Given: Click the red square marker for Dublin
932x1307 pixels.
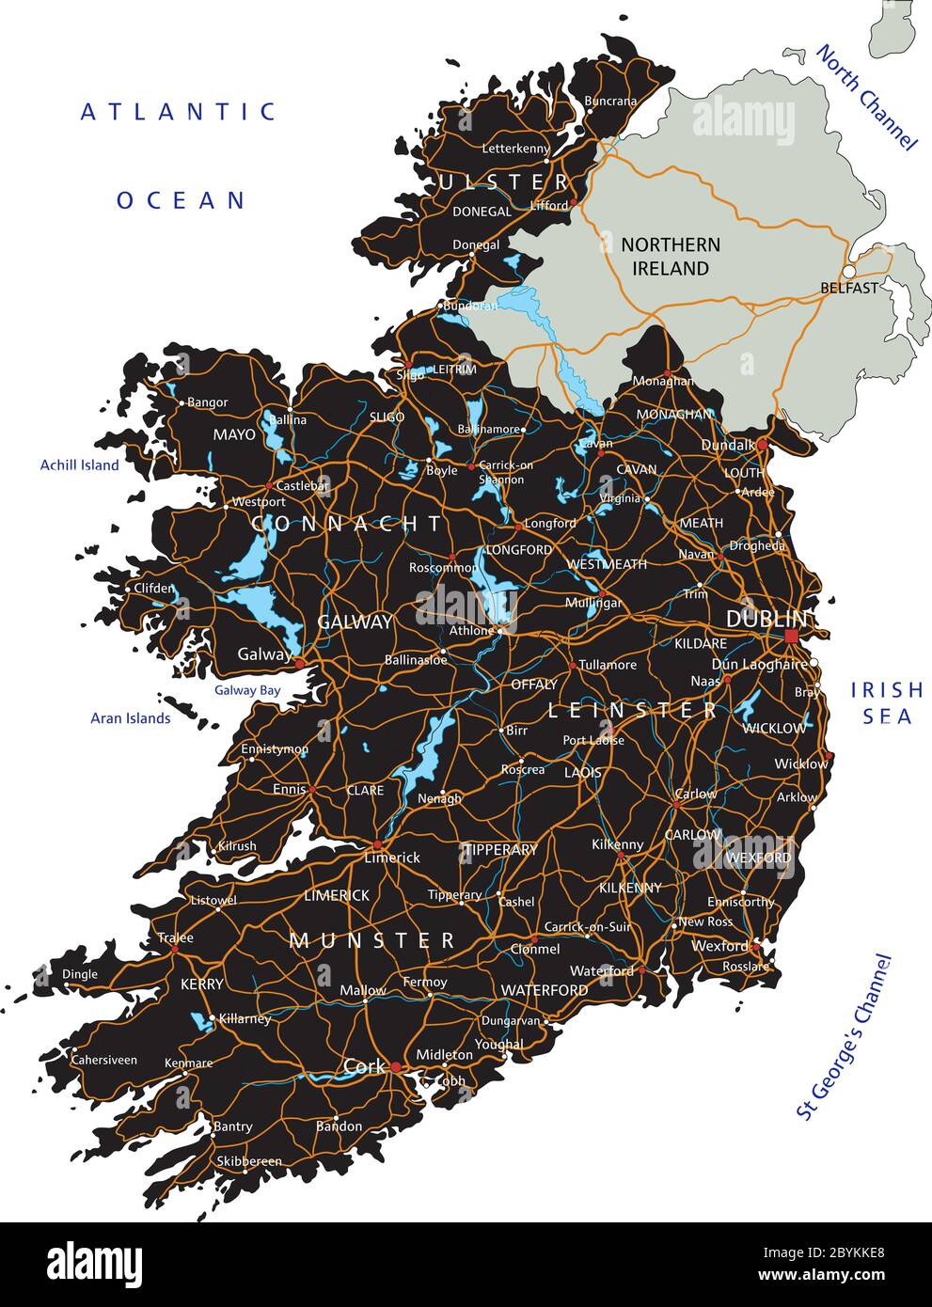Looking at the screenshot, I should (x=791, y=637).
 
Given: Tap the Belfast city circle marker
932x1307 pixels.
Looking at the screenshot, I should (x=849, y=272).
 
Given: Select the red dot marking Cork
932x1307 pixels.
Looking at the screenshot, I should (x=397, y=1067).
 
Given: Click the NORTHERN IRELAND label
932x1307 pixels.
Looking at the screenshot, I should (x=671, y=257).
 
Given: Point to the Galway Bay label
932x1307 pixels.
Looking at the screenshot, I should (x=247, y=690).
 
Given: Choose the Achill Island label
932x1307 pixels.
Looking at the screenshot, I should (x=80, y=465).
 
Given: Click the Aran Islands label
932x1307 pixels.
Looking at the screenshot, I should (x=131, y=718).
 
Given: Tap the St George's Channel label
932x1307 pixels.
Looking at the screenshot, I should (x=843, y=1037).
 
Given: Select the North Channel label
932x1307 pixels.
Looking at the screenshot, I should (x=865, y=97).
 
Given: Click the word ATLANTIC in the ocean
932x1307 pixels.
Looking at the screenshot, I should (x=179, y=112).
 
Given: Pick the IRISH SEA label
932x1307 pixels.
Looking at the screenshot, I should (x=887, y=703).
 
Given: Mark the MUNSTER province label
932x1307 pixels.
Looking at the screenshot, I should (x=372, y=940).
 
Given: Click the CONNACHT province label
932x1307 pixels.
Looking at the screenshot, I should (x=347, y=524).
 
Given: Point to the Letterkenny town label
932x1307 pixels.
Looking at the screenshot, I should (x=515, y=149).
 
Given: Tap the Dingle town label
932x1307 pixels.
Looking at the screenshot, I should (x=80, y=974).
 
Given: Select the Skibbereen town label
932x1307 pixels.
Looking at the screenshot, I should (x=249, y=1161).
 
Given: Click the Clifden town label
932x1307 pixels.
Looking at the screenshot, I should (x=153, y=589).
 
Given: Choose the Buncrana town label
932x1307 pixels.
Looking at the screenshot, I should (x=610, y=101).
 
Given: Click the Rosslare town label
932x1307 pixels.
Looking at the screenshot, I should (x=745, y=967).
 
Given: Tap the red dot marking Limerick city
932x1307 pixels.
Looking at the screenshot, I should (x=377, y=844).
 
